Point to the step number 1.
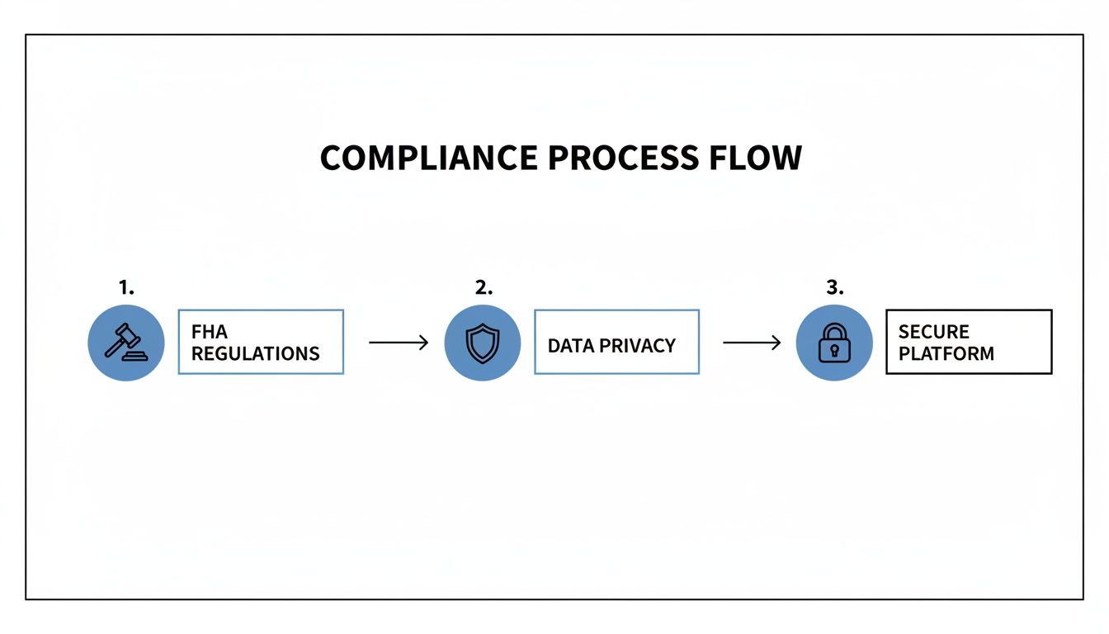126,287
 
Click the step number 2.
484,287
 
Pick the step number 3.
835,287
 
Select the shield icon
483,343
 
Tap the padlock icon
834,343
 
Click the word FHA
209,332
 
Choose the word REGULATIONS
256,354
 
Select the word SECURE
933,332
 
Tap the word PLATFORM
946,354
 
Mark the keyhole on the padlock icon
834,350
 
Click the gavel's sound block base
135,357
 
